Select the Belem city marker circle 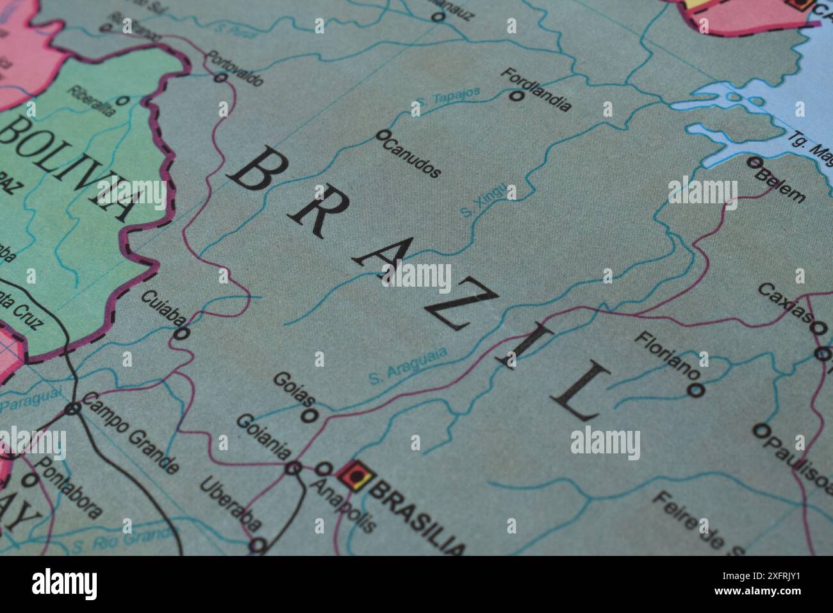pyautogui.click(x=754, y=162)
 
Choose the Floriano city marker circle pyautogui.click(x=696, y=389)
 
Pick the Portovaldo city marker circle pyautogui.click(x=221, y=78)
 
